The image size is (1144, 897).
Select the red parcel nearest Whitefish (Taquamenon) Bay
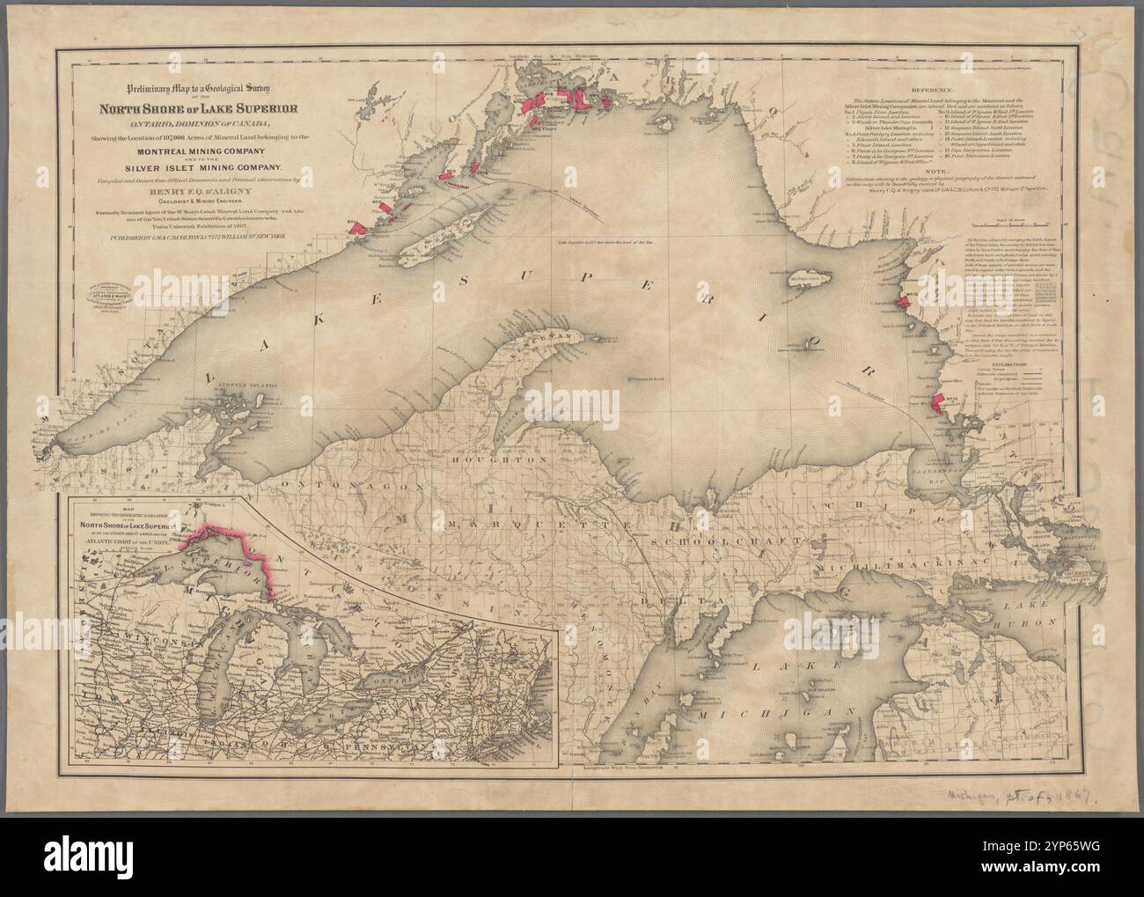pyautogui.click(x=938, y=403)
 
